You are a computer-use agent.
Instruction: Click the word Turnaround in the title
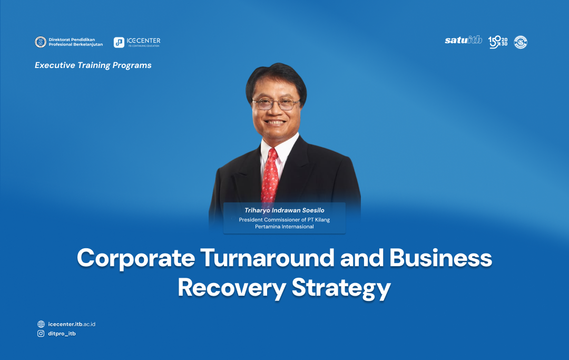pos(267,258)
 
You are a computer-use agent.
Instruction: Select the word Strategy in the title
pos(341,288)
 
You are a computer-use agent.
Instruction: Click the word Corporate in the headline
pos(136,259)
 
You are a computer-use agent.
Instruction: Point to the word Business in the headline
pos(440,258)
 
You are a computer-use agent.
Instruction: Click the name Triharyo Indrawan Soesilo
pos(284,210)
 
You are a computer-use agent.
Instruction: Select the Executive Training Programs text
pos(93,65)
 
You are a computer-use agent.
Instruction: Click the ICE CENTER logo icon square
pos(119,43)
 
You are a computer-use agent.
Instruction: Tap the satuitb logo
pos(464,40)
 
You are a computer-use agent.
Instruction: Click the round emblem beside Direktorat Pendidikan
pos(40,42)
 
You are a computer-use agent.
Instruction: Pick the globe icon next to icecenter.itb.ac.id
pos(41,324)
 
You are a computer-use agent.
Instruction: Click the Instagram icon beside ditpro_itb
pos(41,334)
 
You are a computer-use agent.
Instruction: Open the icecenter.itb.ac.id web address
pos(72,324)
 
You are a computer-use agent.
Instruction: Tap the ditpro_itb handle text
pos(62,334)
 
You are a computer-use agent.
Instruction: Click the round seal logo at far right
pos(521,42)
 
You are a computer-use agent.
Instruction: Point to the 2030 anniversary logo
pos(498,42)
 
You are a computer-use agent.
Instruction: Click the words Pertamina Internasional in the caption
pos(284,227)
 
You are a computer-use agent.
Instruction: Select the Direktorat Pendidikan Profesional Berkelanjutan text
pos(75,42)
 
